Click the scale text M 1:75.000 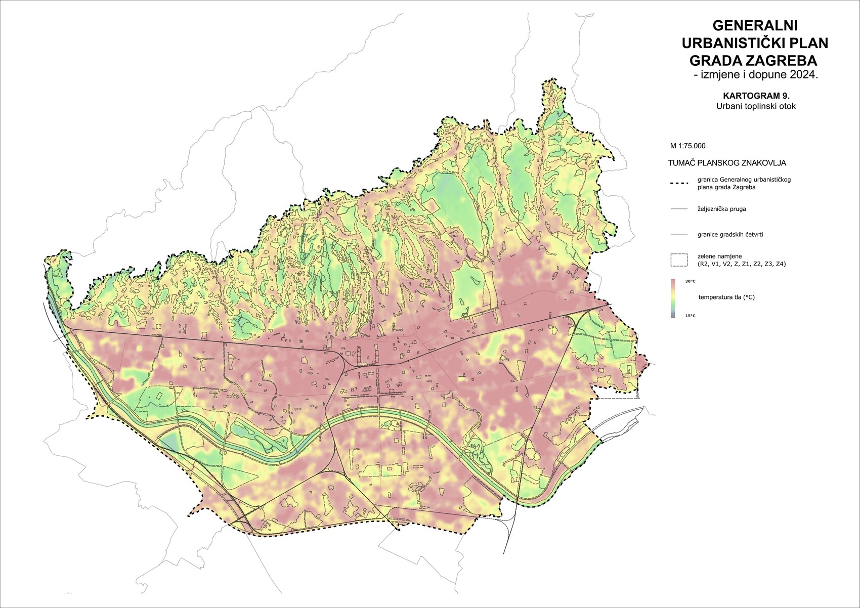click(x=687, y=146)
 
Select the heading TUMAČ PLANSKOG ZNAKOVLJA click(x=727, y=163)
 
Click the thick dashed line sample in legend click(x=678, y=184)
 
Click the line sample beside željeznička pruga click(x=678, y=208)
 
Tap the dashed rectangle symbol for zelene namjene click(x=678, y=260)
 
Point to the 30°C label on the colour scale click(x=690, y=281)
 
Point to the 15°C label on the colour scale click(x=690, y=316)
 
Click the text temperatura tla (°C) click(x=726, y=297)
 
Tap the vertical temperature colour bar click(x=673, y=298)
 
